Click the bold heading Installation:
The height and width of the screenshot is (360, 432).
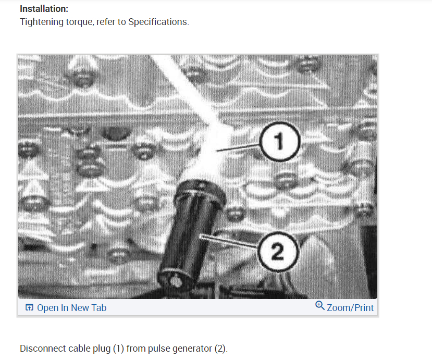(44, 9)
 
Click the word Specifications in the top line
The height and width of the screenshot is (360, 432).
(158, 22)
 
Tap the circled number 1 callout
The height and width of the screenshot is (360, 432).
(279, 141)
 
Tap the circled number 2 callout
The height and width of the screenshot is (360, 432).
(278, 253)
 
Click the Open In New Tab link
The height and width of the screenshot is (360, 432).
(71, 308)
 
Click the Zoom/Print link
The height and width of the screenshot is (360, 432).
(350, 308)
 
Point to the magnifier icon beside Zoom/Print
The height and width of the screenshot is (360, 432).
(320, 306)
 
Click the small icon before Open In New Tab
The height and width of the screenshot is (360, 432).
(29, 308)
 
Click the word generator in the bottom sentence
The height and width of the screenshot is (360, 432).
(189, 349)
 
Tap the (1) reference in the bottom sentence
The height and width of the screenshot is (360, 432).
(118, 349)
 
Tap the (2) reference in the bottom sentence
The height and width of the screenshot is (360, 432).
(221, 349)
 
